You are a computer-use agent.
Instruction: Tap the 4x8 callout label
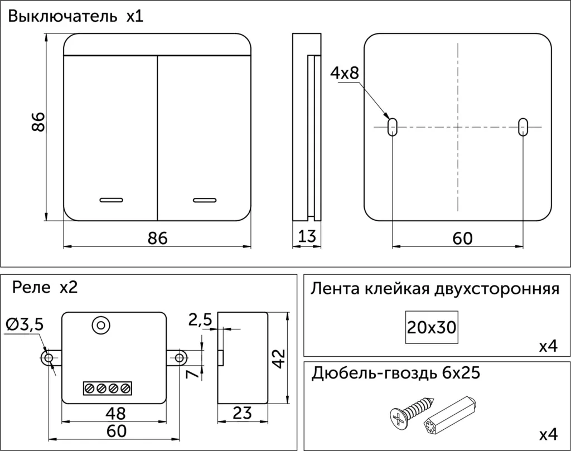tap(345, 73)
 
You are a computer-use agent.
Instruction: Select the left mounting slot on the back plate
tap(393, 126)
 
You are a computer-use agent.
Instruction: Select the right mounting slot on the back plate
tap(522, 126)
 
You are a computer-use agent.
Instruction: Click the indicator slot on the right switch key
tap(205, 199)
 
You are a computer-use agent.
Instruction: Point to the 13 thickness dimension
tap(307, 237)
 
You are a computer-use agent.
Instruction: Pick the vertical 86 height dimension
tap(38, 122)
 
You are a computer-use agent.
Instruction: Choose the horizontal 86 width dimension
tap(157, 238)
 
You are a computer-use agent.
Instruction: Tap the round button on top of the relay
tap(101, 324)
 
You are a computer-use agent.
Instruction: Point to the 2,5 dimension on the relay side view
tap(200, 320)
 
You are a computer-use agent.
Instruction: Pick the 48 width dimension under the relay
tap(115, 413)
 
